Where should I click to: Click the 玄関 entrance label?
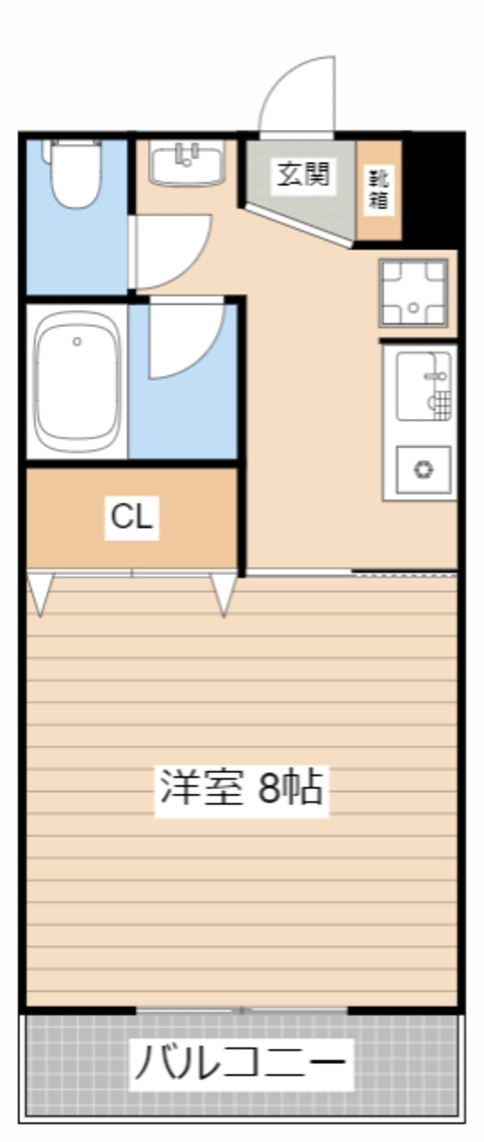pyautogui.click(x=303, y=174)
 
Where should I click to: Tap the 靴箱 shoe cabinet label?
pyautogui.click(x=378, y=189)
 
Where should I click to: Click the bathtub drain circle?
pyautogui.click(x=77, y=342)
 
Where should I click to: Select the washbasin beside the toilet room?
pyautogui.click(x=187, y=164)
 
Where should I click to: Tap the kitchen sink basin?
pyautogui.click(x=424, y=387)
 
